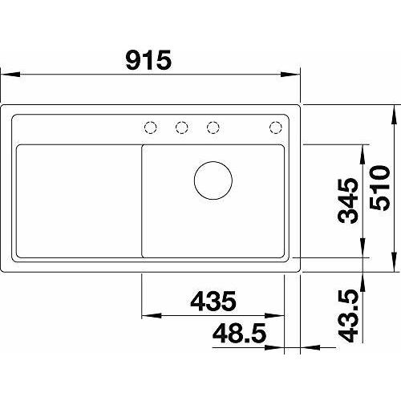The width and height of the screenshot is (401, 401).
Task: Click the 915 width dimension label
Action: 148,60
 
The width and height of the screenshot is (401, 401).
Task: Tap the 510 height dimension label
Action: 380,188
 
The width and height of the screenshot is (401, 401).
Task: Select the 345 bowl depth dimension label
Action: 347,200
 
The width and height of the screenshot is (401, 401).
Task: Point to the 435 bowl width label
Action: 213,301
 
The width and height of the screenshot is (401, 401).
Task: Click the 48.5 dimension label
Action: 239,333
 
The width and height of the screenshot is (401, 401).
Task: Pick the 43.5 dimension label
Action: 347,316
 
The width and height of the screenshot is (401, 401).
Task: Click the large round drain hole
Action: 213,180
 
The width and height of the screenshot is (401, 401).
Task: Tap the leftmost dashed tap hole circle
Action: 150,127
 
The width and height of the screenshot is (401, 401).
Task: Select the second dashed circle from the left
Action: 182,127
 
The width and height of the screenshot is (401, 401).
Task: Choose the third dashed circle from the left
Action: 213,127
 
